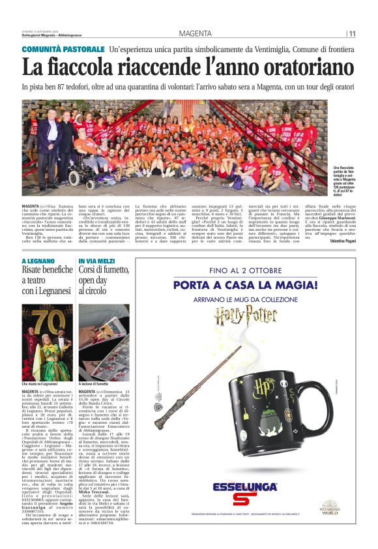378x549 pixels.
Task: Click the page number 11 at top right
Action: (352, 34)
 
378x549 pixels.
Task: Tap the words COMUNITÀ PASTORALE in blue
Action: (63, 50)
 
